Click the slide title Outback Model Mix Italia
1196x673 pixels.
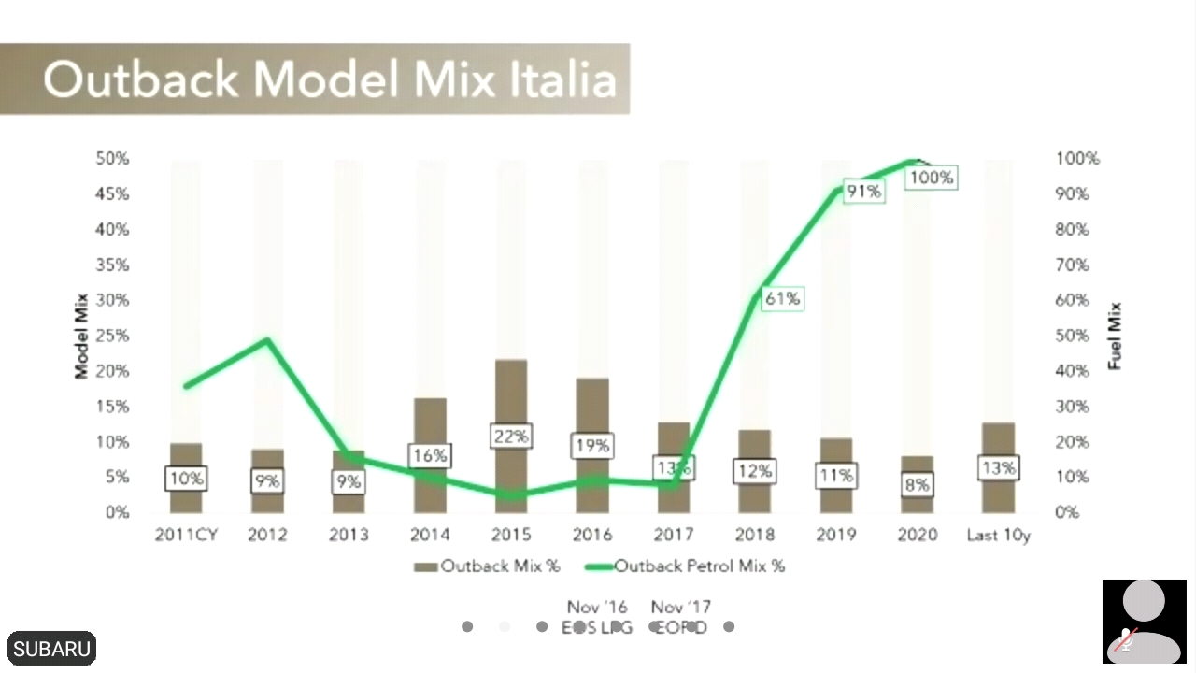(x=329, y=79)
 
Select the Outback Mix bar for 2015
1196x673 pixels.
(x=511, y=393)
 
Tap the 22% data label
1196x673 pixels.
(x=511, y=437)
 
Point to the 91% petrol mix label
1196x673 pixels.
(x=862, y=192)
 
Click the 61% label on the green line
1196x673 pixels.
(x=782, y=299)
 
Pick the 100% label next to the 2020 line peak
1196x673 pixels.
(x=932, y=177)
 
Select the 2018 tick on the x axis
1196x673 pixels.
(x=754, y=535)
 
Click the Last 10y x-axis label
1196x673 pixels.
(x=998, y=535)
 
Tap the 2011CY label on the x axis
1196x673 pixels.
(x=186, y=535)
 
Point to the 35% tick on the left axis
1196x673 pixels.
(x=112, y=265)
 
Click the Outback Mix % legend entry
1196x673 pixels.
(x=488, y=566)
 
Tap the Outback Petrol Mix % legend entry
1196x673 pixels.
(x=686, y=566)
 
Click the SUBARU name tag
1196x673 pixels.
(x=52, y=649)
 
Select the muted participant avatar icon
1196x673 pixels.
(x=1144, y=621)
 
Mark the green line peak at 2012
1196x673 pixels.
(x=268, y=340)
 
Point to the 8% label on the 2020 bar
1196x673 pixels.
(x=917, y=484)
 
